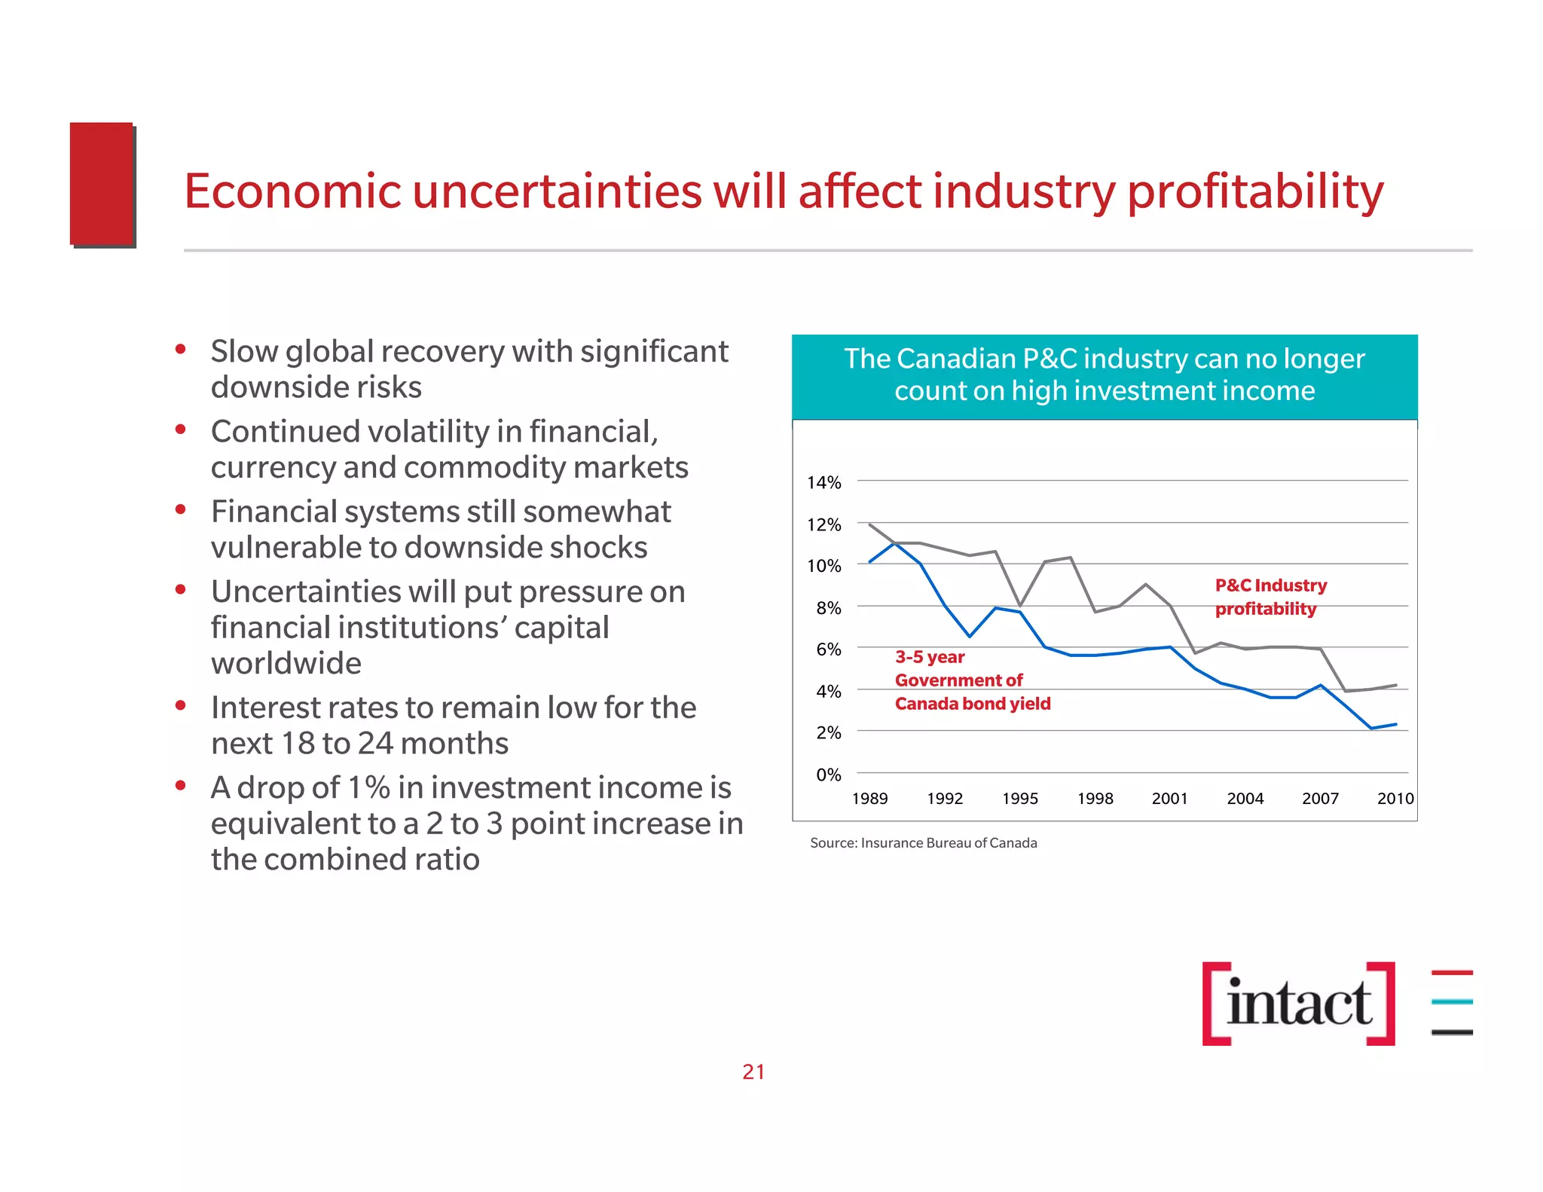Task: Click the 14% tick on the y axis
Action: [x=823, y=482]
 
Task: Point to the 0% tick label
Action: [x=828, y=774]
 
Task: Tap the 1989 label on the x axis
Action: [x=869, y=798]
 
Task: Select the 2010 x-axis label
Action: [x=1395, y=798]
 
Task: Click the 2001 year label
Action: [x=1169, y=798]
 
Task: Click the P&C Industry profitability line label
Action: [x=1270, y=597]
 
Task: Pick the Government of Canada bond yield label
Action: [x=971, y=680]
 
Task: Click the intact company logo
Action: [x=1299, y=1003]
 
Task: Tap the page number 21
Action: [x=753, y=1071]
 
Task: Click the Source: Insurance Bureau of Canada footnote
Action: [x=923, y=842]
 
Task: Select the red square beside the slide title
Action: [x=102, y=184]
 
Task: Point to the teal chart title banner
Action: [x=1104, y=375]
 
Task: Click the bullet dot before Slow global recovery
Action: [x=180, y=349]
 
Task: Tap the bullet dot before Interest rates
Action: [x=180, y=705]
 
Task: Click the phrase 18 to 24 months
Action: [x=395, y=744]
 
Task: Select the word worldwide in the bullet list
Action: [x=286, y=663]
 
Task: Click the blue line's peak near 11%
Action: [x=895, y=543]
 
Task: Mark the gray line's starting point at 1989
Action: [x=870, y=524]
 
